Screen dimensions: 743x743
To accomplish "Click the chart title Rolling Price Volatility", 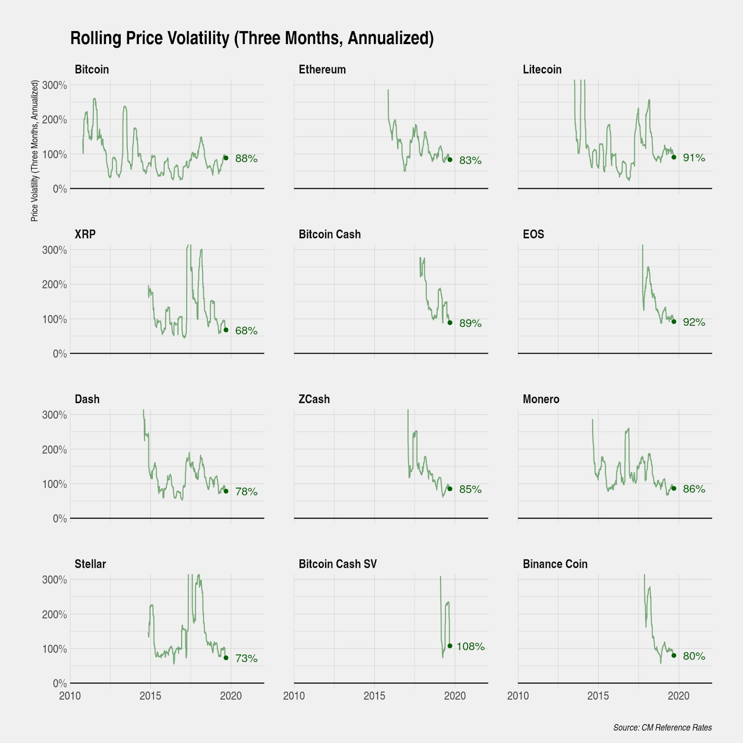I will coord(252,38).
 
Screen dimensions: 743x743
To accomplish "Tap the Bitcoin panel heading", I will coord(91,70).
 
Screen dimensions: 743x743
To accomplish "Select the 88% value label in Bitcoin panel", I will coord(246,158).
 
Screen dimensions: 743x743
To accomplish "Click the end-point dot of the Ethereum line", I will coord(450,160).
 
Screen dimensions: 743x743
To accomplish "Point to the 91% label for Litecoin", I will coord(694,158).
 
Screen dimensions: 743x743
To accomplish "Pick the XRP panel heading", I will coord(85,234).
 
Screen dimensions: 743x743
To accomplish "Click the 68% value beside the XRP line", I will coord(246,331).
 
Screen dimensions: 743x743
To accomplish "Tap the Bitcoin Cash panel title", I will coord(329,234).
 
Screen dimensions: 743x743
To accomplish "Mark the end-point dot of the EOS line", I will coord(674,321).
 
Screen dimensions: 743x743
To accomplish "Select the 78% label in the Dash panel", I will coord(246,491).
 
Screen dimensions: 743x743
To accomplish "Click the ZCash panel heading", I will coord(314,399).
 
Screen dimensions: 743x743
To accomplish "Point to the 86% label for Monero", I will coord(694,489).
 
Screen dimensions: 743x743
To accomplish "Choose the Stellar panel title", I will coord(90,564).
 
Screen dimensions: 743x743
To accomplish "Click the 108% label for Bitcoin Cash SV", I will coord(470,646).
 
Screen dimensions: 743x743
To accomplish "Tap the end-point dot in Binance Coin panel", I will coord(674,656).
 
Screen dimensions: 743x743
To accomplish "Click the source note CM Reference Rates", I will coord(662,727).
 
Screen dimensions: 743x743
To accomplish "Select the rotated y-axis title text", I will coord(34,150).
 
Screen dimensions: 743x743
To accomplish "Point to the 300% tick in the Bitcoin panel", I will coord(55,85).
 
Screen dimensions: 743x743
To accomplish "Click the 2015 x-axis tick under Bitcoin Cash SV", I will coord(374,696).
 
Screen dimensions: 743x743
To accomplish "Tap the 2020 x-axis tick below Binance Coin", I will coord(678,696).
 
